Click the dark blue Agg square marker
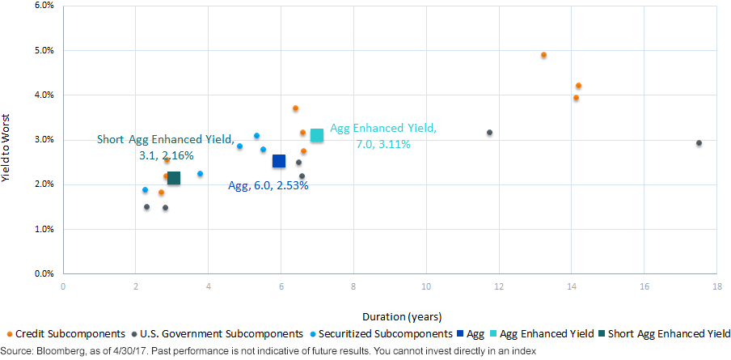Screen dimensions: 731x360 tap(279, 161)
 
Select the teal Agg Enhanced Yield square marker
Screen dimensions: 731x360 tap(316, 135)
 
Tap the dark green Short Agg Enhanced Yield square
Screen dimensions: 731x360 tap(173, 178)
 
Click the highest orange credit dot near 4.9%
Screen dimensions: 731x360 tap(543, 54)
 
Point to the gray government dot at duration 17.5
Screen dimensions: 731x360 tap(699, 142)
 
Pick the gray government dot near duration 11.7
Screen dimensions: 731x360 tap(489, 133)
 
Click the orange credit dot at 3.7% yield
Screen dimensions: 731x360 tap(295, 108)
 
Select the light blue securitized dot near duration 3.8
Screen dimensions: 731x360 tap(200, 173)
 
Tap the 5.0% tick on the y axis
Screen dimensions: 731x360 tap(44, 50)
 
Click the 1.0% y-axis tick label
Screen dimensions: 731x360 tap(44, 230)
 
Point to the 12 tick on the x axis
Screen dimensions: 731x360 tap(499, 286)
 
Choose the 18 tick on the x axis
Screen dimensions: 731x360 tap(717, 286)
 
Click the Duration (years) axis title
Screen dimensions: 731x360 tap(401, 317)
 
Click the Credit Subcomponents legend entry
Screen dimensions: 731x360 tap(67, 334)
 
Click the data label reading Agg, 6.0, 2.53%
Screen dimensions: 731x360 tap(268, 185)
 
